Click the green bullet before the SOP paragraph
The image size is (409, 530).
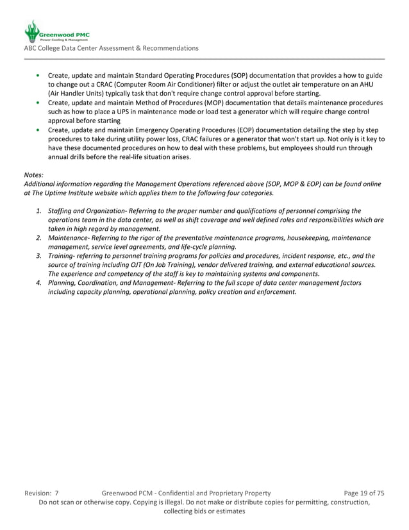40,75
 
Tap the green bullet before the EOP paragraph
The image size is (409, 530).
40,130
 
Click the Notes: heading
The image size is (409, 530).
34,175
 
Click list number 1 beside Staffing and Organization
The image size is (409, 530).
39,210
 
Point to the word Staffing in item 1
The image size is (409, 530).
62,210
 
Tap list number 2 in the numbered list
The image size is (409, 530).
39,237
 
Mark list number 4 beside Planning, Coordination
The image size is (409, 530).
39,282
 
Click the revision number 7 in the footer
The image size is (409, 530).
56,493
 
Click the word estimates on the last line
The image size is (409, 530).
228,511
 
